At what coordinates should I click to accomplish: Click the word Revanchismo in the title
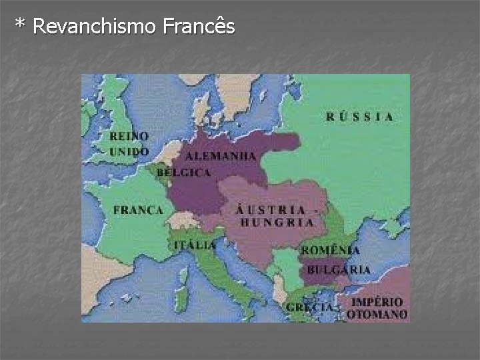(94, 27)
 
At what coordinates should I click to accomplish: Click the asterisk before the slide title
(20, 25)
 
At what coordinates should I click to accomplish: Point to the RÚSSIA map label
(359, 117)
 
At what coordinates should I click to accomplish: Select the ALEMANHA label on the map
(221, 155)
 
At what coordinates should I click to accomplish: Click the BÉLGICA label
(183, 173)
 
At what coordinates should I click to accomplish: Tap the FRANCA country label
(138, 210)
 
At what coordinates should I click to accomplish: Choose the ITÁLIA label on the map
(195, 245)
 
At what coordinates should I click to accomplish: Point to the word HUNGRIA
(276, 223)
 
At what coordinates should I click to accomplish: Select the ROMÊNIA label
(330, 251)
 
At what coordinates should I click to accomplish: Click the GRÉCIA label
(309, 307)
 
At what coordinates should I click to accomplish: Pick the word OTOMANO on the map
(377, 314)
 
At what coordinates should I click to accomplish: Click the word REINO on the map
(129, 136)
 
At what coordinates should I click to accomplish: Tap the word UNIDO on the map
(129, 151)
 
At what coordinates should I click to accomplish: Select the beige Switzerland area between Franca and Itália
(181, 219)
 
